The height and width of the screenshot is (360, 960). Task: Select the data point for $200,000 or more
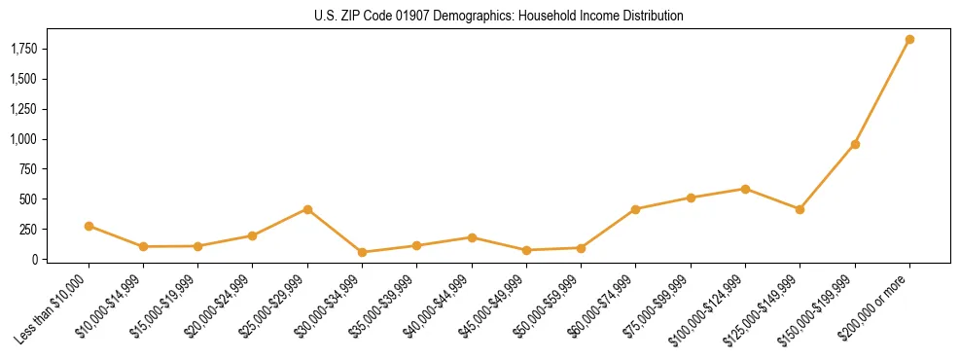click(909, 40)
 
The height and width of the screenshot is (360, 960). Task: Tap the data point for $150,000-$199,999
click(855, 144)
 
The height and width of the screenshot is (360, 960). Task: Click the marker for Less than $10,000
click(89, 226)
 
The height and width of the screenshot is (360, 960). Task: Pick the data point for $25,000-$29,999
click(307, 209)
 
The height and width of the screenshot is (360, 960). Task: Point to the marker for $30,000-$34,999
click(362, 252)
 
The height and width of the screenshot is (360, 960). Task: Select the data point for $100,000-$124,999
click(745, 189)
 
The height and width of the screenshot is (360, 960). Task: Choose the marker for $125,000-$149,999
click(800, 209)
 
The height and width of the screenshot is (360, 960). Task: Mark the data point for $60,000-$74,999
click(635, 209)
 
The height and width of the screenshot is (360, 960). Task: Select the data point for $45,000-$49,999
click(526, 250)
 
